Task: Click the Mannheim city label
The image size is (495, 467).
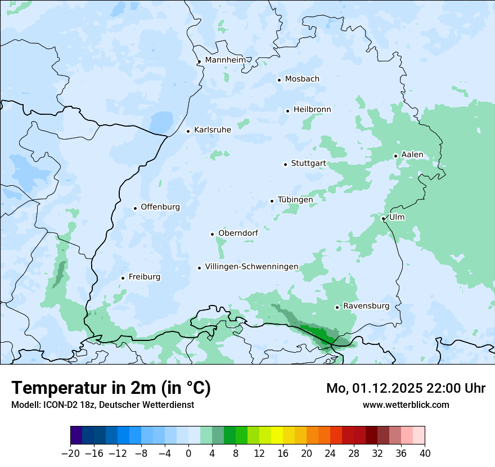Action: (x=225, y=60)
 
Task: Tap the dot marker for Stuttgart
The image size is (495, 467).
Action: (x=285, y=164)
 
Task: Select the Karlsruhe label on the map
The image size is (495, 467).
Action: (x=212, y=130)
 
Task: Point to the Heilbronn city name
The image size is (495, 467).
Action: (x=312, y=110)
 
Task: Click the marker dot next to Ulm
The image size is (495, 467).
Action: (x=383, y=218)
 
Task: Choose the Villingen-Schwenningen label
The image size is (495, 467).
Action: (x=251, y=267)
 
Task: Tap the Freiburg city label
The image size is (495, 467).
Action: (x=144, y=277)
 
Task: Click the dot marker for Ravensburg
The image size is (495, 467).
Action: (x=337, y=307)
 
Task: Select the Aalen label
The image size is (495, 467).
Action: (x=412, y=155)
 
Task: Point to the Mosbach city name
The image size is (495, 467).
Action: (x=301, y=79)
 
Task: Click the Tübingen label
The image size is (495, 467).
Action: (x=295, y=200)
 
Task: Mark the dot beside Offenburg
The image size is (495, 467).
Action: (x=135, y=208)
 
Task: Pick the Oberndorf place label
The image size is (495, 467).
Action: (x=238, y=233)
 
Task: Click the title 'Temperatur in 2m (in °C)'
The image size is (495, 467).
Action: (x=111, y=388)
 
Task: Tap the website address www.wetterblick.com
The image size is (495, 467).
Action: (x=406, y=405)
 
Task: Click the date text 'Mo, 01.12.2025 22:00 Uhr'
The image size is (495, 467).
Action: (x=406, y=388)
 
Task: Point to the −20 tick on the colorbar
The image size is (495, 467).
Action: (x=70, y=453)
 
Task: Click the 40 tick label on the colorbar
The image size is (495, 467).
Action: (x=425, y=453)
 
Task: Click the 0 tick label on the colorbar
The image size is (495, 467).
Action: (x=188, y=453)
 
